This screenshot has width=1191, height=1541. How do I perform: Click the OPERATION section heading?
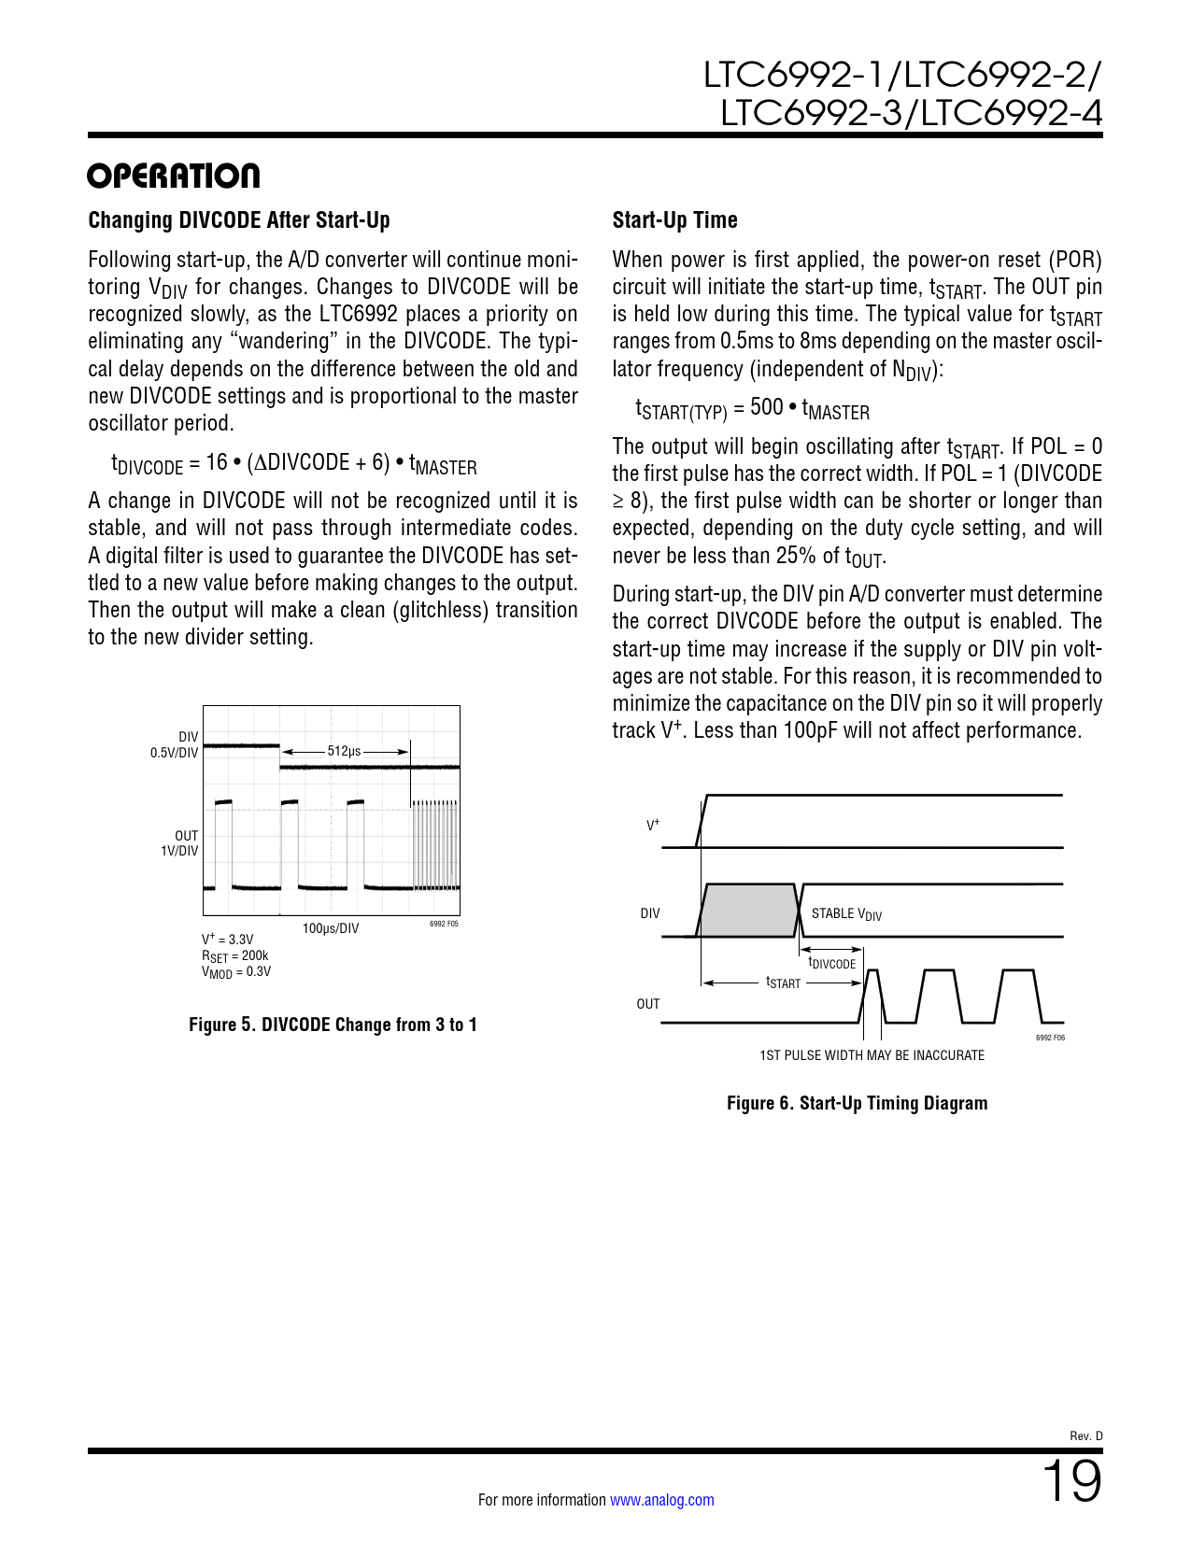[174, 177]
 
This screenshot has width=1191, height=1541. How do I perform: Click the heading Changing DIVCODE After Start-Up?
[239, 220]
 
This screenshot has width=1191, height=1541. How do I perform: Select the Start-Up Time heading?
[674, 220]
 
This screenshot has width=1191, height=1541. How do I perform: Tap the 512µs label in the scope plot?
[344, 751]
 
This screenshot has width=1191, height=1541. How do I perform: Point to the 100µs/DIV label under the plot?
[330, 928]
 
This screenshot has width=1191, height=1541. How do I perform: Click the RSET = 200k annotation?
[234, 955]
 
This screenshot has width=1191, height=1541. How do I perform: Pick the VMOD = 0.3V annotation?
[235, 972]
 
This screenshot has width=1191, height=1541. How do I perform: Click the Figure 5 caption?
[333, 1025]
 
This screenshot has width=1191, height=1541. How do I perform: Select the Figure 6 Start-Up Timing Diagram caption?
[857, 1103]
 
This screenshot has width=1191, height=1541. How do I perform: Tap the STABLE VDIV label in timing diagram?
[846, 914]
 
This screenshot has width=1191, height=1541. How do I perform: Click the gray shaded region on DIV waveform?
[747, 911]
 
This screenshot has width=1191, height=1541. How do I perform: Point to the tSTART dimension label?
[783, 983]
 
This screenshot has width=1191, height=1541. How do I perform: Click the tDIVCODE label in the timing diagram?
[831, 964]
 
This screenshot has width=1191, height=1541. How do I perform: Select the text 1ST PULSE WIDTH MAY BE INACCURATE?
[872, 1055]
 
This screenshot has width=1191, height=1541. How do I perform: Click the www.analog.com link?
[661, 1500]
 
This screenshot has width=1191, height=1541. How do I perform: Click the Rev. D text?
[1085, 1436]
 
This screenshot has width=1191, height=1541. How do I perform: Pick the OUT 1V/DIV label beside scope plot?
[180, 843]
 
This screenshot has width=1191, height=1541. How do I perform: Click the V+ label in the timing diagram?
[653, 826]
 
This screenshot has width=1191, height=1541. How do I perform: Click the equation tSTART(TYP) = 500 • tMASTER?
[752, 409]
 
